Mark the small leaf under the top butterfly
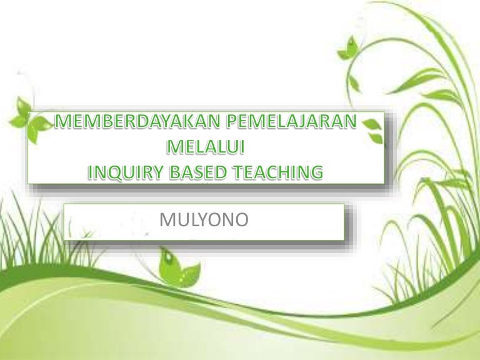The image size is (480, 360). [354, 82]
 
